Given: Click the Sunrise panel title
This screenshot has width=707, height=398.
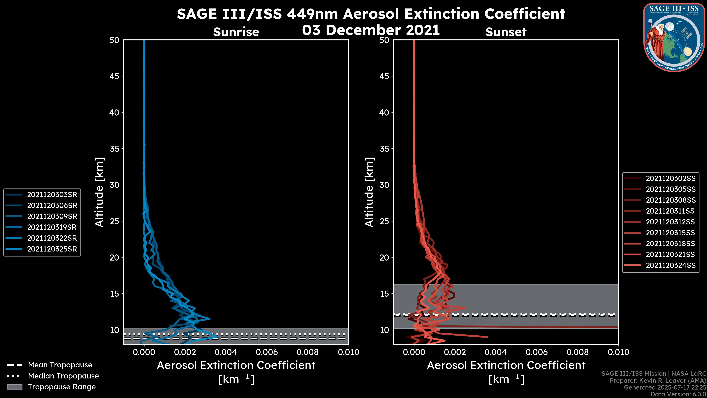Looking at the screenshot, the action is coord(236,32).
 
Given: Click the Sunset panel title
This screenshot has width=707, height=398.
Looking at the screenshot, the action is coord(506,32).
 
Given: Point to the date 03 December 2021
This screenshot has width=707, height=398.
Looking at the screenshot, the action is coord(371,30).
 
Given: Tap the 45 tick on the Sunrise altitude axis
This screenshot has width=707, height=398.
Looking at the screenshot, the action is coord(115,76).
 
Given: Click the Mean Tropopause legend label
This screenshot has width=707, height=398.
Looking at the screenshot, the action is coord(60,365).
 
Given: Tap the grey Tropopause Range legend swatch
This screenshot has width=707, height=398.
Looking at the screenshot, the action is coord(15,387).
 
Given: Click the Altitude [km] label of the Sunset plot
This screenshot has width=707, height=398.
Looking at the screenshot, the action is coord(369,192).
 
